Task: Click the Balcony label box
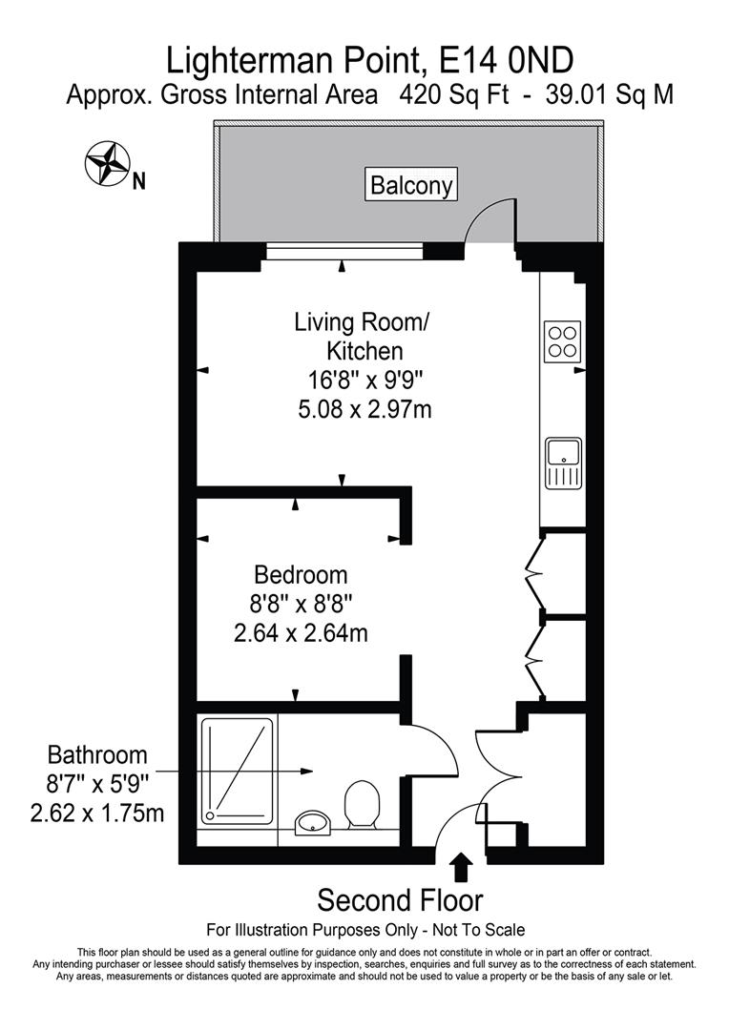point(412,184)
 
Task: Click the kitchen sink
point(564,463)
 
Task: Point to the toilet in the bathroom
point(362,804)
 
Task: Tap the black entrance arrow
point(461,867)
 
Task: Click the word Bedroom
point(301,575)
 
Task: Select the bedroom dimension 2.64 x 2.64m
point(301,632)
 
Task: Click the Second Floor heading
point(400,899)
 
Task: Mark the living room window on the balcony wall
point(344,251)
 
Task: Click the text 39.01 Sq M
point(605,95)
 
